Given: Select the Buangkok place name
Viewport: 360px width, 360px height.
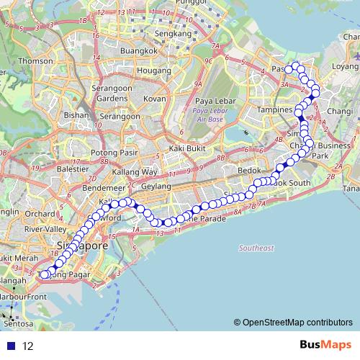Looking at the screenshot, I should coord(139,51).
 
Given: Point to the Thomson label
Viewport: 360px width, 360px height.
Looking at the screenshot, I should coord(35,61).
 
